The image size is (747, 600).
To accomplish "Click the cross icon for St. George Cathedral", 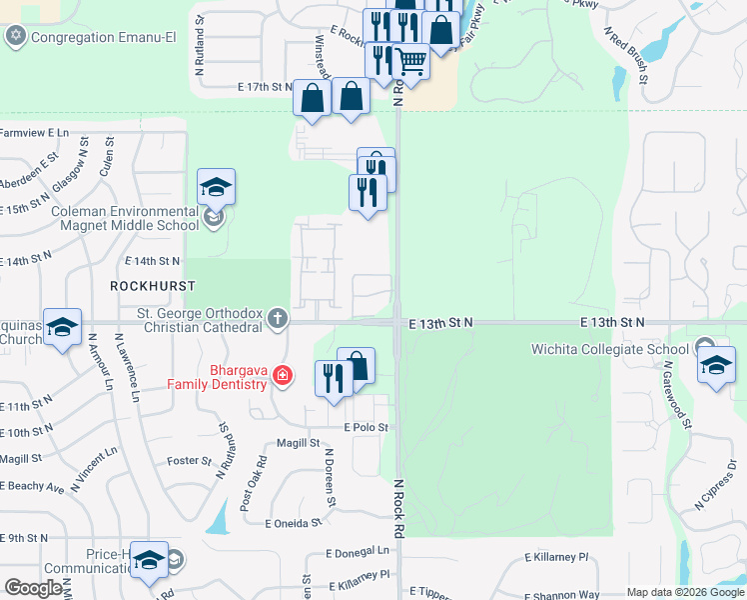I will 278,320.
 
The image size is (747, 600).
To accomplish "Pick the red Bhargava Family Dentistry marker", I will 283,376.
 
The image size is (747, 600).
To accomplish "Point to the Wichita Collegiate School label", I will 609,349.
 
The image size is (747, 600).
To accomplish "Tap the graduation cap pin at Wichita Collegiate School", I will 716,365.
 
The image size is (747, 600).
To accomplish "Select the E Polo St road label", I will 366,427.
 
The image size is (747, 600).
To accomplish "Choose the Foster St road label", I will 190,461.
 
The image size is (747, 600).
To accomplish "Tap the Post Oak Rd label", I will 259,478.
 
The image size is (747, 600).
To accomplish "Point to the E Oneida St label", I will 293,523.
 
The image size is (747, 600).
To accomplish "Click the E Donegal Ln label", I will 357,551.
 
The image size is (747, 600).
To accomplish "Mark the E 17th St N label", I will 264,88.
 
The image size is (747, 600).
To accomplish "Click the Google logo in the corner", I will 33,588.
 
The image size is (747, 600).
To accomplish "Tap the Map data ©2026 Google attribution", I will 684,592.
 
